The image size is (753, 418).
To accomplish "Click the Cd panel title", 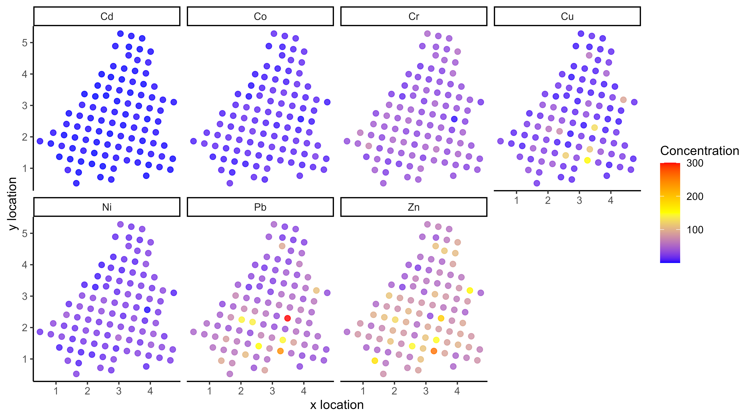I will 107,16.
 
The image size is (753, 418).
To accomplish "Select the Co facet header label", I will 260,16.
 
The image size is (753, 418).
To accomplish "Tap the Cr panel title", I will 414,16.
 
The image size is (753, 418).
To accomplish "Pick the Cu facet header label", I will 567,16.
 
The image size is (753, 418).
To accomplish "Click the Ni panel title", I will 107,207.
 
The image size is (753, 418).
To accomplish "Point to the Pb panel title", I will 260,207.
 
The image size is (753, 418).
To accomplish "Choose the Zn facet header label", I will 414,207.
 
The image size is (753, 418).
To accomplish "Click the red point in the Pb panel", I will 287,318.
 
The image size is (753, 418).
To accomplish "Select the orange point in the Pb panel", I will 280,351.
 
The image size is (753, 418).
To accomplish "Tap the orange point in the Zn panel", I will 434,351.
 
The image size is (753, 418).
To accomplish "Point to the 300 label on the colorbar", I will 695,163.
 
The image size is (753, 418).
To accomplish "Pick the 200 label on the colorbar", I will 695,196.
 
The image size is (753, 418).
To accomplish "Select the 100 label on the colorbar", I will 695,230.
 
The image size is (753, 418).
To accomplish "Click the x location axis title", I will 337,405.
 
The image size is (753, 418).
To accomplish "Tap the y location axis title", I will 12,204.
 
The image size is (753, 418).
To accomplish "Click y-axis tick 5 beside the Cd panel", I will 25,43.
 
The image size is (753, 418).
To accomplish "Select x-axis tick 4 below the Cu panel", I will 610,200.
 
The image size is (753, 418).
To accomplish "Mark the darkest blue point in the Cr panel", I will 454,119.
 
